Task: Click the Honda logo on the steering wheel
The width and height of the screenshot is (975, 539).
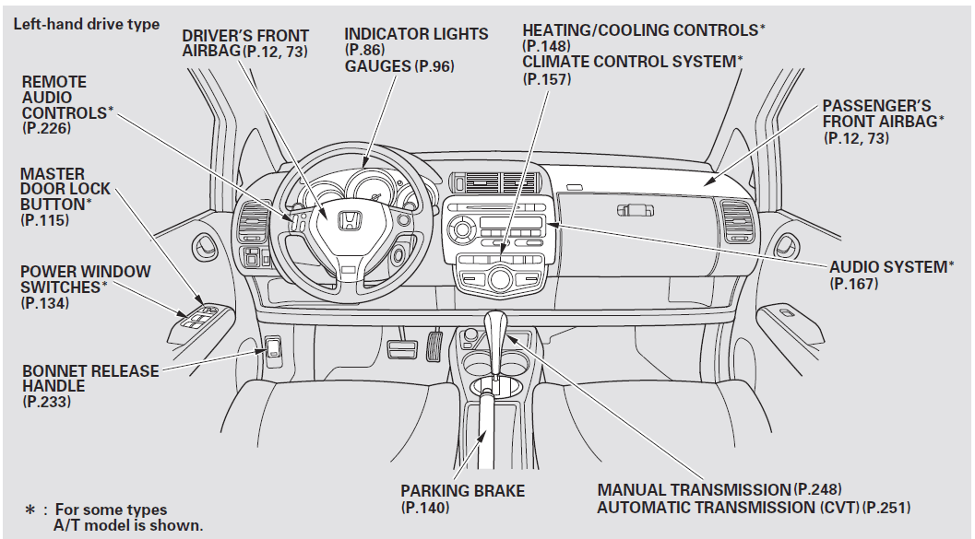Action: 349,222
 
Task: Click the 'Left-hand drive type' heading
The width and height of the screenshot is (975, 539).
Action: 86,24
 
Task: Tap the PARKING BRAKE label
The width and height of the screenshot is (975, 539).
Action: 462,491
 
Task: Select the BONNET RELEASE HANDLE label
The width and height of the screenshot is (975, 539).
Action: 90,379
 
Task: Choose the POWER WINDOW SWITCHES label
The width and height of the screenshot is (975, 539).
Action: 85,279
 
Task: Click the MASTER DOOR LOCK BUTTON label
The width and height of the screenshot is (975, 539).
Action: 65,189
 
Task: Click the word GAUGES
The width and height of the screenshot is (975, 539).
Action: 378,66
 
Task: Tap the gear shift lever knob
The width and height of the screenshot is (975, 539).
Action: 497,327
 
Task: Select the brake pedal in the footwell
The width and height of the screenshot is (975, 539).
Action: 402,349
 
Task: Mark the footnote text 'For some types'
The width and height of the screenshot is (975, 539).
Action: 111,510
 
